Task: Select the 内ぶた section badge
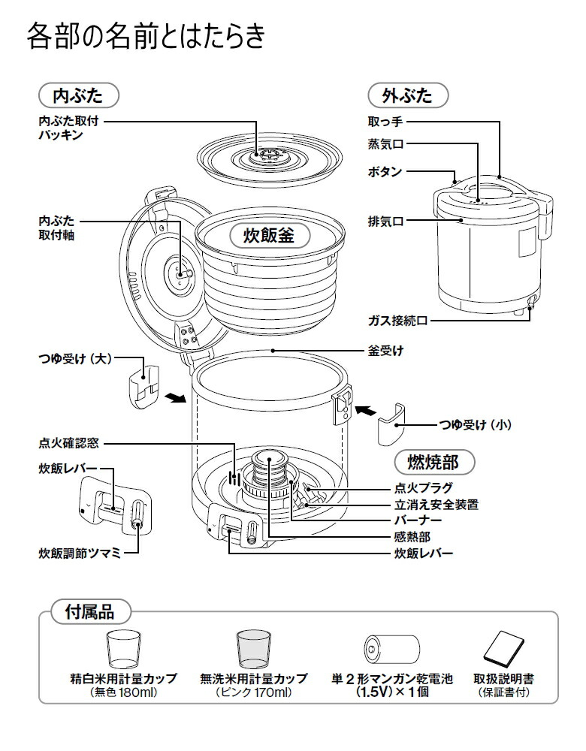click(x=80, y=96)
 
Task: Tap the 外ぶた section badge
click(x=408, y=96)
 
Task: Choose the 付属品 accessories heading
click(x=89, y=611)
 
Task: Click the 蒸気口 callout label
click(x=385, y=143)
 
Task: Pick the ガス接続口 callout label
click(x=397, y=320)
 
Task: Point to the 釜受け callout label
click(x=385, y=351)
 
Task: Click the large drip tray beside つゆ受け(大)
click(x=143, y=384)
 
